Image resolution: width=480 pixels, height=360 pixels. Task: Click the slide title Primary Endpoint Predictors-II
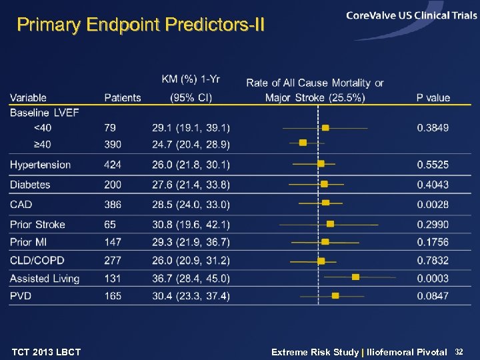point(141,25)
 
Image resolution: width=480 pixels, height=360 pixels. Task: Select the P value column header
point(433,97)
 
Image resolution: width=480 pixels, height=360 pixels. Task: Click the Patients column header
point(123,97)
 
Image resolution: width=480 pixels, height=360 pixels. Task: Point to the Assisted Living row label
point(45,278)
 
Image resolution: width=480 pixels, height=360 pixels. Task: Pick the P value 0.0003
point(433,278)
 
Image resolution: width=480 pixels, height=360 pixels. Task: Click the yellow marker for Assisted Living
point(355,277)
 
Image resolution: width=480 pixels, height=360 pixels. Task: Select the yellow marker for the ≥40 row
point(303,142)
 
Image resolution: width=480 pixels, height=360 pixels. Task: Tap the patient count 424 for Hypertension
point(113,165)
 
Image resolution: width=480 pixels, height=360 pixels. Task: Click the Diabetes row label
point(30,184)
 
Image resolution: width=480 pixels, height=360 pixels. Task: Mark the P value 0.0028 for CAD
point(433,204)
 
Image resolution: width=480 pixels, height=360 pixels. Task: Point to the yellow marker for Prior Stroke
point(330,224)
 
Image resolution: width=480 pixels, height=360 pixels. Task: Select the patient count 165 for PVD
point(113,295)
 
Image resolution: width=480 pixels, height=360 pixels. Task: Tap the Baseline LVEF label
point(45,112)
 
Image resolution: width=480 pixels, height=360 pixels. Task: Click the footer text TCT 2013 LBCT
point(46,351)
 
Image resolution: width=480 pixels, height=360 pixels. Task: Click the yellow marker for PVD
point(335,295)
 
